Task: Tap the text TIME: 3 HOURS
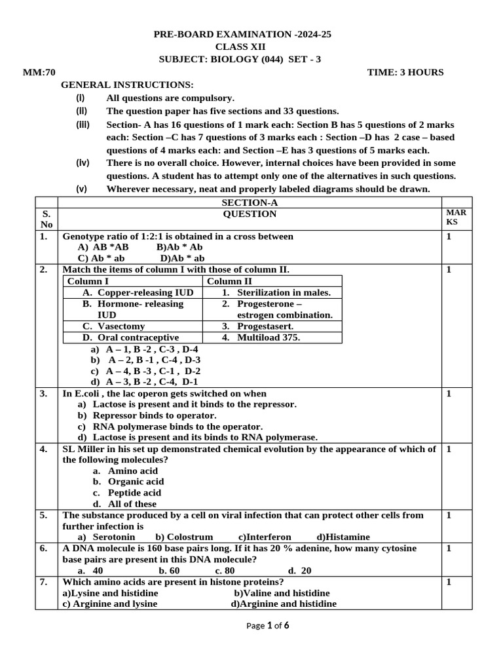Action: [x=405, y=72]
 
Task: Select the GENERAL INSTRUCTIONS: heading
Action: [x=128, y=85]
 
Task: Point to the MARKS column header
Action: [x=456, y=218]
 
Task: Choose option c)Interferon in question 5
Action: [x=265, y=537]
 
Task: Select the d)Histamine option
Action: [x=343, y=537]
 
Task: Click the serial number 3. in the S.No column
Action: [x=43, y=394]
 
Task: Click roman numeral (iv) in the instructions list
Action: [x=82, y=163]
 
